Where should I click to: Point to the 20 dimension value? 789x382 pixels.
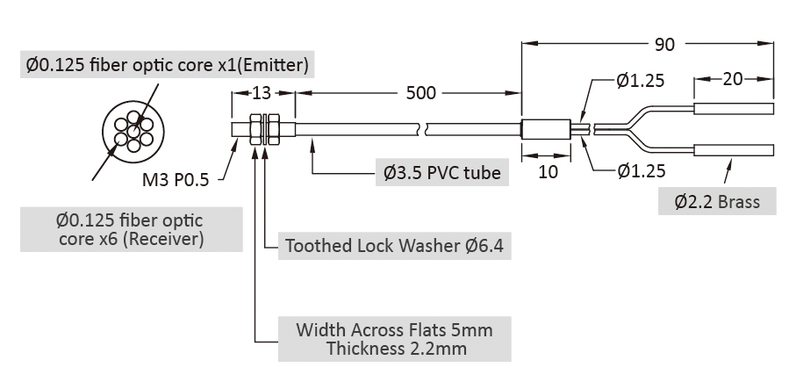[733, 79]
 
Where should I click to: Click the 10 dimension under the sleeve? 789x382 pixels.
[548, 171]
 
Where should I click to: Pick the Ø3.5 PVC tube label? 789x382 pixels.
[442, 173]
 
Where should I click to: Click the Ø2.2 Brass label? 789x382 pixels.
[717, 202]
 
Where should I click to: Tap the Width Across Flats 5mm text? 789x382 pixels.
[395, 330]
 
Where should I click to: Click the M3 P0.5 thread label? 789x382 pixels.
[176, 181]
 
